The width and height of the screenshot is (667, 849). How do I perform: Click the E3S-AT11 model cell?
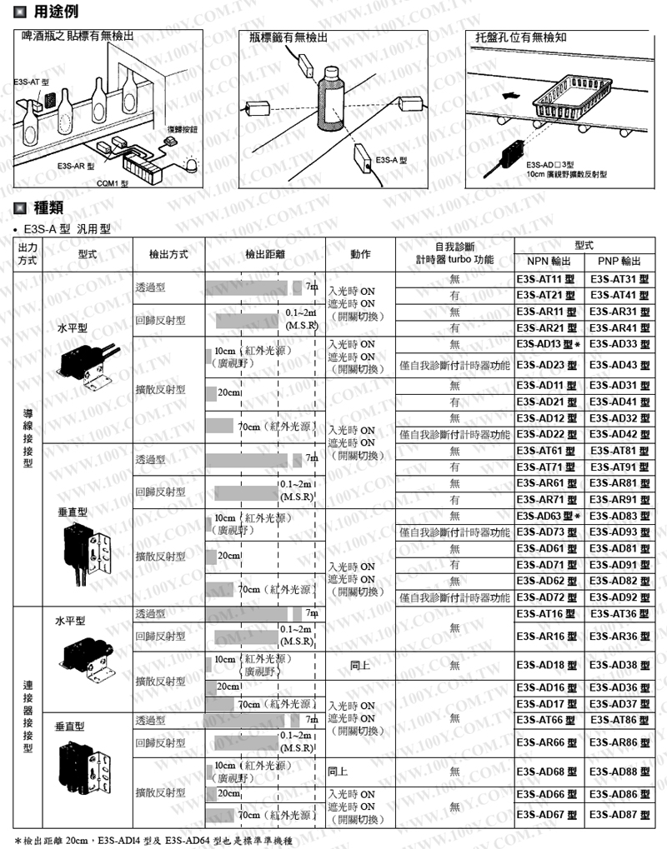(x=545, y=279)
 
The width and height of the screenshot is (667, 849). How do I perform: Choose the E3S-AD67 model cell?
(x=545, y=814)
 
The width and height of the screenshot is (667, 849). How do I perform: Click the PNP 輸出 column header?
(x=618, y=261)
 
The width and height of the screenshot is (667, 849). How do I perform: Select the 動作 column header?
(x=360, y=252)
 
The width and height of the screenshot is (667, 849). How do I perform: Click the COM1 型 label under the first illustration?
(x=111, y=182)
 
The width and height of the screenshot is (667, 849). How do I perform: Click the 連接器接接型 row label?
(x=28, y=716)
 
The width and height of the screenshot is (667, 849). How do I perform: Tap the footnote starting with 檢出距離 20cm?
(x=154, y=840)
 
